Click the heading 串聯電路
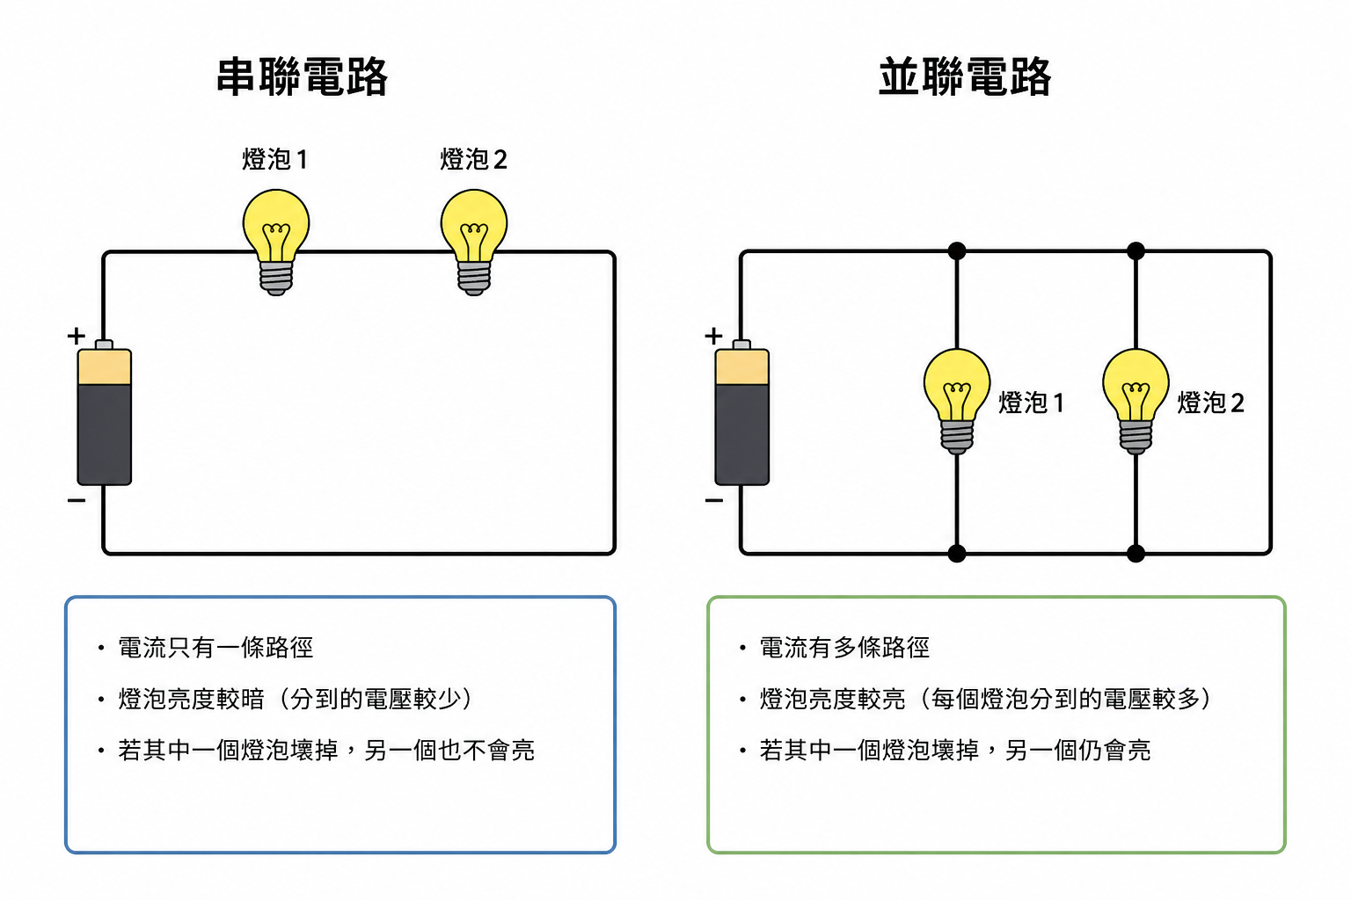click(x=302, y=76)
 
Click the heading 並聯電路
click(x=965, y=76)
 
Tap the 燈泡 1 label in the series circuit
click(x=274, y=159)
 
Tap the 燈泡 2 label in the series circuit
click(x=473, y=159)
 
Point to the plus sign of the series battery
click(x=77, y=336)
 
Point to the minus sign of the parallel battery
click(x=714, y=500)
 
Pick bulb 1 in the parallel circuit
click(x=957, y=397)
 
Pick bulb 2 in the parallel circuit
click(x=1136, y=397)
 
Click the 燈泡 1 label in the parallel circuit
click(x=1031, y=403)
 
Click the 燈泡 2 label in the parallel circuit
click(x=1210, y=403)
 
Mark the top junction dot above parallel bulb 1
click(x=957, y=251)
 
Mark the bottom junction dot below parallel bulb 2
click(x=1136, y=553)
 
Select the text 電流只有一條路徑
click(x=215, y=648)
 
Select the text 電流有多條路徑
click(x=844, y=648)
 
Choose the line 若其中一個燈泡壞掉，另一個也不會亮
click(x=326, y=750)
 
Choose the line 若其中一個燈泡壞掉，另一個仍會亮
click(x=955, y=750)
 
